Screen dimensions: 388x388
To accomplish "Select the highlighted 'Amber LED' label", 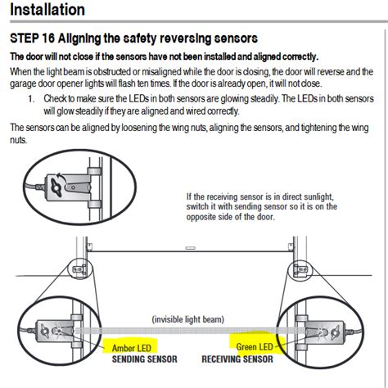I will [x=129, y=347].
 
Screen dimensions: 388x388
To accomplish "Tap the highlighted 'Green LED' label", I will [x=255, y=347].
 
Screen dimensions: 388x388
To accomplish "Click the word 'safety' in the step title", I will [x=150, y=38].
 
